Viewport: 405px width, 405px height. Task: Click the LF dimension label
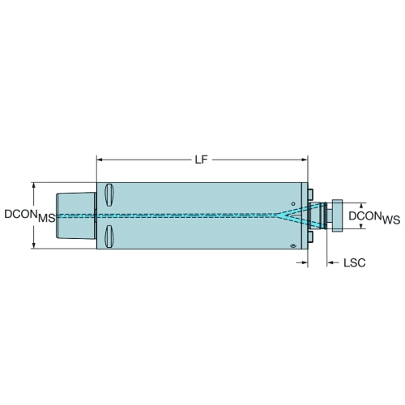[x=201, y=160]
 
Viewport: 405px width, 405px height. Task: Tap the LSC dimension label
[x=354, y=262]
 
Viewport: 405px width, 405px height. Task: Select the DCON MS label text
[x=30, y=216]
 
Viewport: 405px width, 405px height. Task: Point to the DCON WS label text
[x=374, y=218]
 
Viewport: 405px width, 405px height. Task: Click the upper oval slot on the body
[x=109, y=195]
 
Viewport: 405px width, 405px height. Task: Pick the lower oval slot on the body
[x=109, y=237]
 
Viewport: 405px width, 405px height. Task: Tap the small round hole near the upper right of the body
[x=293, y=203]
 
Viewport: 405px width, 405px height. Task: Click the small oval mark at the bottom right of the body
[x=293, y=245]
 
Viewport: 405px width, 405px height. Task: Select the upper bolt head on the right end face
[x=310, y=194]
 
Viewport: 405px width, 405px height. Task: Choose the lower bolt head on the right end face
[x=310, y=237]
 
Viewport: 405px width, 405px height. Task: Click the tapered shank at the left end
[x=75, y=215]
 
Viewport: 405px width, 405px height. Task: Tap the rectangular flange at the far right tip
[x=337, y=215]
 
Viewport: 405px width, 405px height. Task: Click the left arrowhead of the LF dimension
[x=100, y=160]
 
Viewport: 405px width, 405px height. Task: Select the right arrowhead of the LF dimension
[x=305, y=160]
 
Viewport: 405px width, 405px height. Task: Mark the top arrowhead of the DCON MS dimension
[x=34, y=185]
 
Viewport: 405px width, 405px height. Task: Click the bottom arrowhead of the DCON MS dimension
[x=34, y=245]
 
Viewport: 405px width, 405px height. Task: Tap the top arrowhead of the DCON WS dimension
[x=361, y=206]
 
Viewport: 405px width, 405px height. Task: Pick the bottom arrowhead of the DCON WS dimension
[x=361, y=226]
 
